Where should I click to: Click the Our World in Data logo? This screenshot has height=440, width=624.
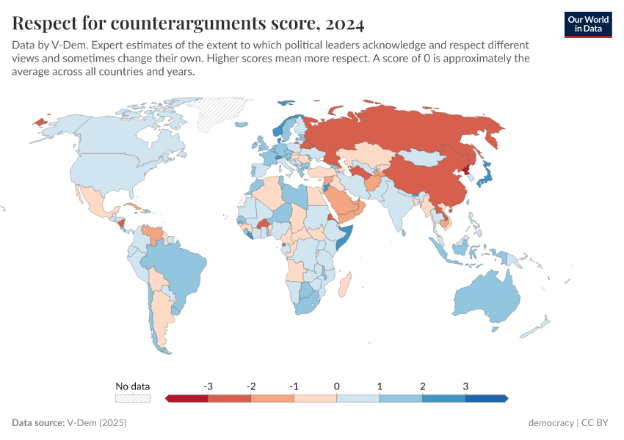point(587,24)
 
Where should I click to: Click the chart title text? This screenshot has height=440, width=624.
point(188,23)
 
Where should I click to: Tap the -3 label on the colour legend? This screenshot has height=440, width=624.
point(208,386)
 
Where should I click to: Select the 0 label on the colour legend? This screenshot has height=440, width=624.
point(337,386)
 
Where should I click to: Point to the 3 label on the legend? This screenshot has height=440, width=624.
point(465,386)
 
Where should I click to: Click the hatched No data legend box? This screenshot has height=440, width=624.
point(133,398)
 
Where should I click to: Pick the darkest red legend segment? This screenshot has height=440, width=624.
point(188,398)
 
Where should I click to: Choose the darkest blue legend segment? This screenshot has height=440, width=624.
point(485,398)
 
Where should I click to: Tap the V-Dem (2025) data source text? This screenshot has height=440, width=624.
point(97,423)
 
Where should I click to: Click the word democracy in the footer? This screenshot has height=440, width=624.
point(551,423)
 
